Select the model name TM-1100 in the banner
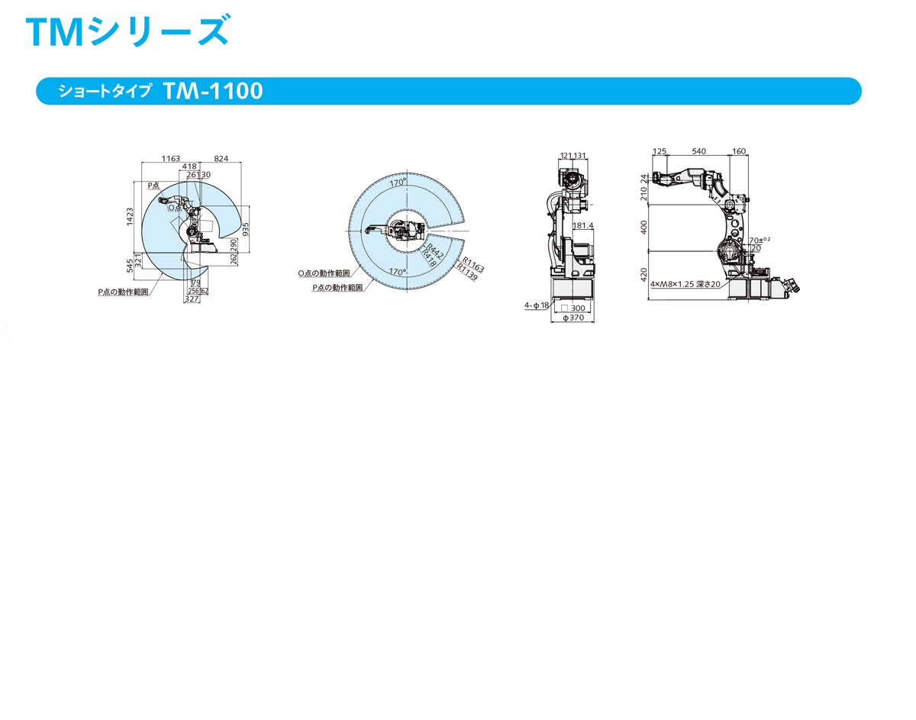coord(212,91)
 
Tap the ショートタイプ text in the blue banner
coord(106,92)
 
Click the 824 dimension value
coord(221,158)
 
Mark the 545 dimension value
coord(130,265)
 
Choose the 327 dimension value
coord(191,300)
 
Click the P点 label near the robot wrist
coord(153,185)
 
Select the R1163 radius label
coord(473,264)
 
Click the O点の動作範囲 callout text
coord(324,273)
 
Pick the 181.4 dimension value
coord(582,226)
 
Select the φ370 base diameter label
coord(573,318)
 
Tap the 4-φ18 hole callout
coord(536,305)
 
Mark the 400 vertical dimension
coord(644,227)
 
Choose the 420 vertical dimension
coord(644,274)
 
